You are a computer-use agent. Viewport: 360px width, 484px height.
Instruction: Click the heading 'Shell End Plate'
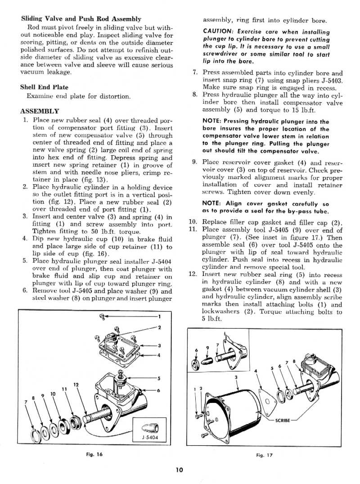click(44, 87)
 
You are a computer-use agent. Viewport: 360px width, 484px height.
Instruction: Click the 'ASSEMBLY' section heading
click(40, 111)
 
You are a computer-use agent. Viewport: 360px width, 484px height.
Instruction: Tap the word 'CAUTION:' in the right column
click(218, 32)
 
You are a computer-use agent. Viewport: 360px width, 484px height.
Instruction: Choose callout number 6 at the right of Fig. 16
click(159, 390)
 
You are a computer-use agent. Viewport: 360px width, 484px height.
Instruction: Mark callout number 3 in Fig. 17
click(236, 377)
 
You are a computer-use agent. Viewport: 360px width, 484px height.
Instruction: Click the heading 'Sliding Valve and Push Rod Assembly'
click(81, 19)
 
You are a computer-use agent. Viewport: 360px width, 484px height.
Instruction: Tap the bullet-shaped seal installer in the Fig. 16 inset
click(148, 427)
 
